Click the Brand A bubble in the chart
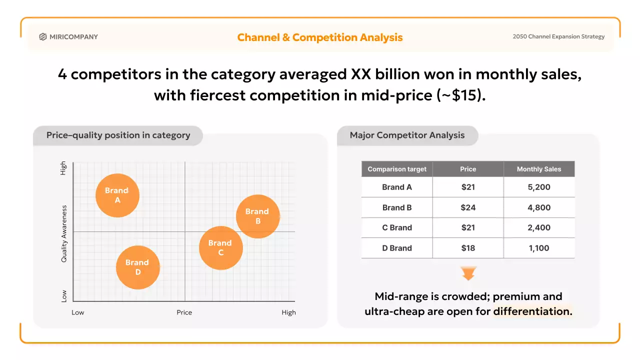(117, 195)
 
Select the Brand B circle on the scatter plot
(257, 216)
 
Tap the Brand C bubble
(220, 247)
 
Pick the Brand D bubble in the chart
(137, 267)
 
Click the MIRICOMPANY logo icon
(43, 36)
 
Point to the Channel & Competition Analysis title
(320, 37)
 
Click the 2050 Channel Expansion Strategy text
(558, 36)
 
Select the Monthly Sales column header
(538, 169)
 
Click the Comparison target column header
(397, 169)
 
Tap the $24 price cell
(468, 207)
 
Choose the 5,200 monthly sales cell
(538, 187)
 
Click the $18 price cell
(468, 248)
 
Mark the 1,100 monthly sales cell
(538, 248)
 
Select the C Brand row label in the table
(397, 227)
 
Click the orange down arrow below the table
(468, 273)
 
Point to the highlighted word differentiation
(532, 311)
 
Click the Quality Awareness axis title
(64, 233)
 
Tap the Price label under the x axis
(184, 312)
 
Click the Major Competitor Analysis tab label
(407, 135)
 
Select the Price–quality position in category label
(118, 135)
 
